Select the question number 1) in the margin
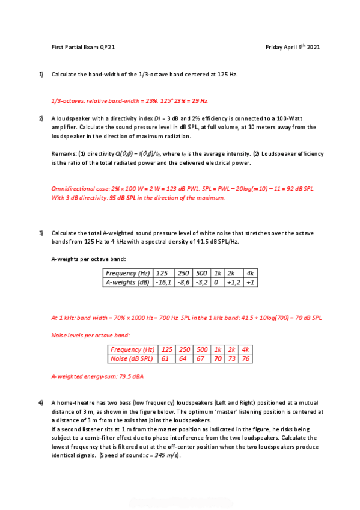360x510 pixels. pos(41,74)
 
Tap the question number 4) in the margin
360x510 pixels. pos(41,402)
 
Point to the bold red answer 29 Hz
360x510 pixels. pos(200,100)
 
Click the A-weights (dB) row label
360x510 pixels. pos(127,282)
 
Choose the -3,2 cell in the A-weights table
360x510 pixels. pos(201,282)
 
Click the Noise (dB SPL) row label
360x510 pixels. pos(132,359)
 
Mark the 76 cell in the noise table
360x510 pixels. pos(245,359)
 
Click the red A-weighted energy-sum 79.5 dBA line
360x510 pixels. pos(97,377)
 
